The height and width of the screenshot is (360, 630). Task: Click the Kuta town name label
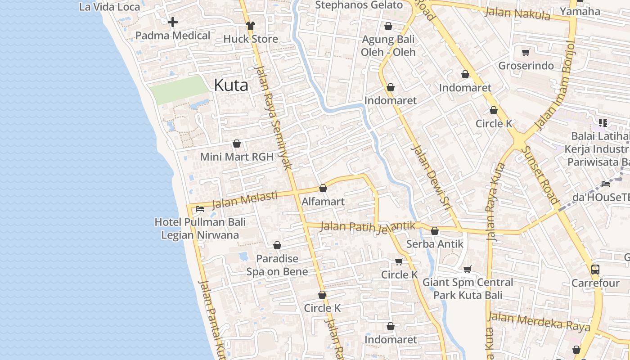point(231,85)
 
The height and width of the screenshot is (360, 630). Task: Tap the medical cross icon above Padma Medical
point(173,22)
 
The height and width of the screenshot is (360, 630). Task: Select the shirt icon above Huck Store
point(250,26)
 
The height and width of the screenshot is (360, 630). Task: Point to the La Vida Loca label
point(110,7)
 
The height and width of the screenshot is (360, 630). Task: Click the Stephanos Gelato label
point(359,5)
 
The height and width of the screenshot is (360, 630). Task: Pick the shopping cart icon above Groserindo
point(526,53)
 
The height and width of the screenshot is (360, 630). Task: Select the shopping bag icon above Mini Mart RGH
point(237,144)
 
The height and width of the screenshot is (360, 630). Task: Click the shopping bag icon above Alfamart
point(323,188)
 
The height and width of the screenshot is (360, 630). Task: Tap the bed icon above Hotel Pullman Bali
point(200,208)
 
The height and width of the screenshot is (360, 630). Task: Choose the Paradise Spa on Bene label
point(277,265)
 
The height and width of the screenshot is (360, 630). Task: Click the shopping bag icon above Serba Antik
point(434,231)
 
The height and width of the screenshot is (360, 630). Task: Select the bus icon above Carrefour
point(595,270)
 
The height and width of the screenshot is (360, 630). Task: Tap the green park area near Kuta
point(179,90)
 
